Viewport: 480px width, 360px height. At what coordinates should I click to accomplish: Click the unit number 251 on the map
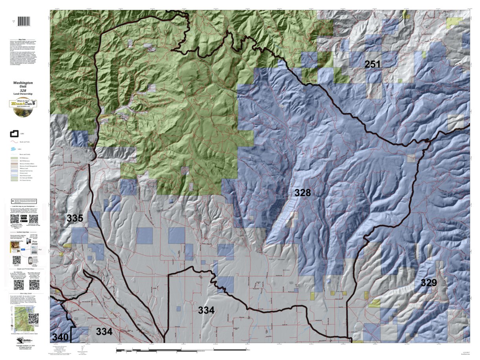[373, 64]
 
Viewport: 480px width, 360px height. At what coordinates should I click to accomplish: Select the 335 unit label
[75, 219]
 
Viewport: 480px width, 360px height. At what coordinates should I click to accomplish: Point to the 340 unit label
[61, 337]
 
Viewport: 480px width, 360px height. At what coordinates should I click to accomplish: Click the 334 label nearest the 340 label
[104, 332]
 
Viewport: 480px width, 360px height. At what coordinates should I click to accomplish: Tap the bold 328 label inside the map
[302, 193]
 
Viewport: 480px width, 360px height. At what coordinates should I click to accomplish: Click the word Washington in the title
[23, 83]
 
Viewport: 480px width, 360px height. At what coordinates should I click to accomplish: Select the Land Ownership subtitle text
[23, 94]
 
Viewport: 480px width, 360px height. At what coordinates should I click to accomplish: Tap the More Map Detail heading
[23, 293]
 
